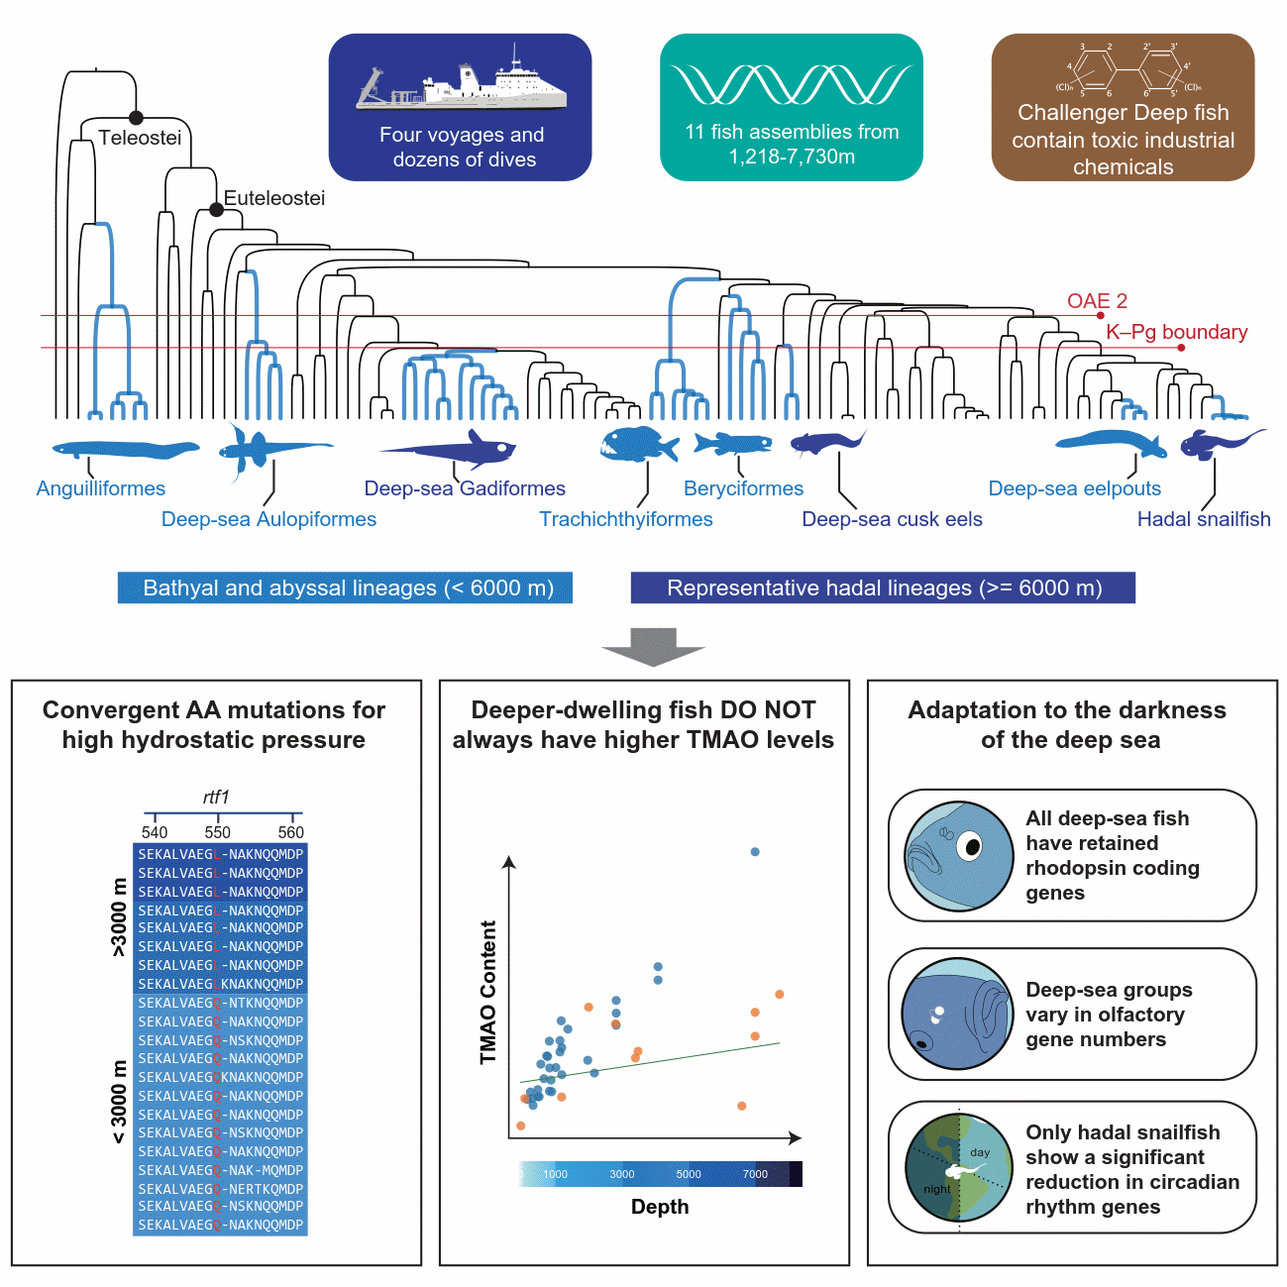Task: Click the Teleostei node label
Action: [x=140, y=138]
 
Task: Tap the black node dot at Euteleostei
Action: [x=216, y=210]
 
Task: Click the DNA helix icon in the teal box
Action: [x=791, y=85]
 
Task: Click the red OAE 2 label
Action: [x=1097, y=301]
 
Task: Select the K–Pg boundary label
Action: [x=1176, y=332]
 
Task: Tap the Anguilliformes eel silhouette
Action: [x=125, y=450]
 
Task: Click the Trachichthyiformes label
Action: [x=625, y=519]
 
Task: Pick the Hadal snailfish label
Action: [x=1203, y=519]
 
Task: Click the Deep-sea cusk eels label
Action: [x=892, y=519]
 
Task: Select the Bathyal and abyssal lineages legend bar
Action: [x=345, y=588]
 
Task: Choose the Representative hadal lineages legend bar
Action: [x=883, y=588]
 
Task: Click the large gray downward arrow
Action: [x=653, y=646]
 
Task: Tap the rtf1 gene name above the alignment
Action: [x=216, y=797]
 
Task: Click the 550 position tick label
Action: [x=217, y=832]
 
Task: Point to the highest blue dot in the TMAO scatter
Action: [x=755, y=852]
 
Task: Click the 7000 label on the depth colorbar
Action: [x=755, y=1174]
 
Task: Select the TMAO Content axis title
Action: [x=487, y=992]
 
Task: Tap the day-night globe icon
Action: [x=958, y=1168]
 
